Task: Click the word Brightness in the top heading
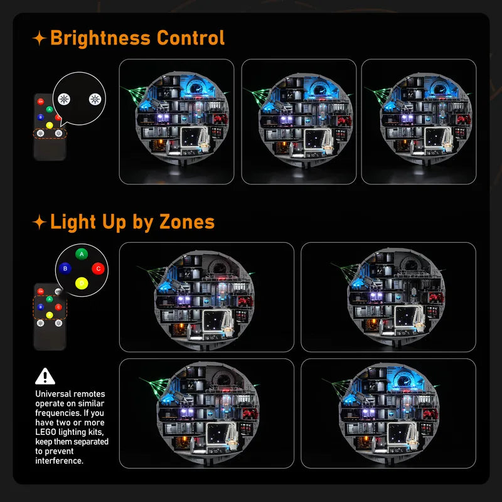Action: [100, 38]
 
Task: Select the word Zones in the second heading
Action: [187, 222]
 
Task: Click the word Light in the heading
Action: [73, 222]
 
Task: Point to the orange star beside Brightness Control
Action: [40, 38]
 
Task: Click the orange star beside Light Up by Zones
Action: [40, 222]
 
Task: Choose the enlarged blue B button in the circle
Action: [65, 269]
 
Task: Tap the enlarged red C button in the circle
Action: [99, 269]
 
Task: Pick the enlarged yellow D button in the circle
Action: [82, 284]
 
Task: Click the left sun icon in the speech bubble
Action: [64, 99]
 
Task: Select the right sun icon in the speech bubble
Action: [95, 99]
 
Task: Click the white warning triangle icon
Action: [45, 376]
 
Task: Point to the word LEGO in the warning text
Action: [46, 432]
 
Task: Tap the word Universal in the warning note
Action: [54, 394]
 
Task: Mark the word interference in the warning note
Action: [58, 461]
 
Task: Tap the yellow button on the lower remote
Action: [50, 315]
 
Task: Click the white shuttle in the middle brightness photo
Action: [326, 140]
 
